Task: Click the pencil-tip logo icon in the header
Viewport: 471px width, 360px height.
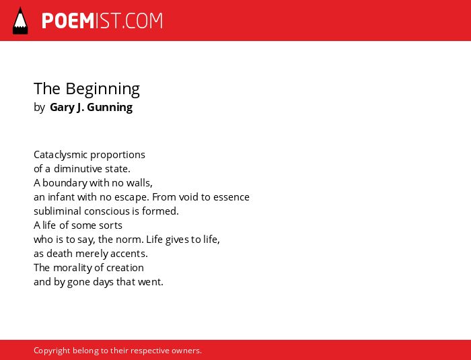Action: coord(20,21)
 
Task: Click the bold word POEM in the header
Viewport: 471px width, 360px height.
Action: coord(68,21)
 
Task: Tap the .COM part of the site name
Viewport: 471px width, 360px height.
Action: coord(143,21)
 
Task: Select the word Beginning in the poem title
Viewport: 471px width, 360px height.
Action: coord(102,89)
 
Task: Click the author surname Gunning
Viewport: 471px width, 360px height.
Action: coord(110,108)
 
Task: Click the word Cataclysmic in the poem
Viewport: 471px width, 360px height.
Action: coord(61,155)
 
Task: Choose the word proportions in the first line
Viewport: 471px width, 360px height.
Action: coord(118,155)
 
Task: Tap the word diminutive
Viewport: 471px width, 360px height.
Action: coord(78,169)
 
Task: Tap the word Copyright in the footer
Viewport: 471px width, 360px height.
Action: coord(52,351)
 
